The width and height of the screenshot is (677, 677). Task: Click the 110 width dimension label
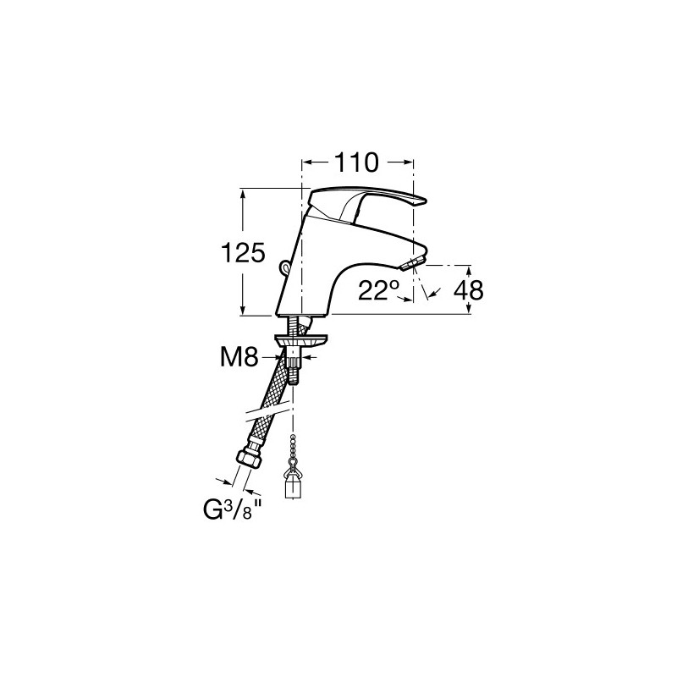[x=356, y=162]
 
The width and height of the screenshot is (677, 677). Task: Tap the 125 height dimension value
[x=243, y=252]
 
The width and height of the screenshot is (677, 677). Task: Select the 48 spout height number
[x=469, y=290]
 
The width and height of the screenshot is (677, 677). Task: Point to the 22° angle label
[x=378, y=290]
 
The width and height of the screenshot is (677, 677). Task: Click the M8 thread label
[x=239, y=357]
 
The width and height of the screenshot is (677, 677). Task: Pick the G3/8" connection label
[x=232, y=510]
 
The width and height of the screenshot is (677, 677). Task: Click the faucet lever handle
[x=367, y=204]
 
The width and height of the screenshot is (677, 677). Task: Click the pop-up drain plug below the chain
[x=292, y=483]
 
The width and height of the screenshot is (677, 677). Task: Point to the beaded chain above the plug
[x=293, y=449]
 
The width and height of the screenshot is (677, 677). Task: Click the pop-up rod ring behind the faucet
[x=284, y=267]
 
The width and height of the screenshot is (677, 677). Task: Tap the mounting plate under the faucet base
[x=300, y=340]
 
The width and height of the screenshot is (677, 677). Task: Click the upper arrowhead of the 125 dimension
[x=243, y=194]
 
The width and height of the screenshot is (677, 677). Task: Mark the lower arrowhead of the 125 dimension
[x=243, y=310]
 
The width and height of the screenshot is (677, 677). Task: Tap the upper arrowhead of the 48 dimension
[x=470, y=270]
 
